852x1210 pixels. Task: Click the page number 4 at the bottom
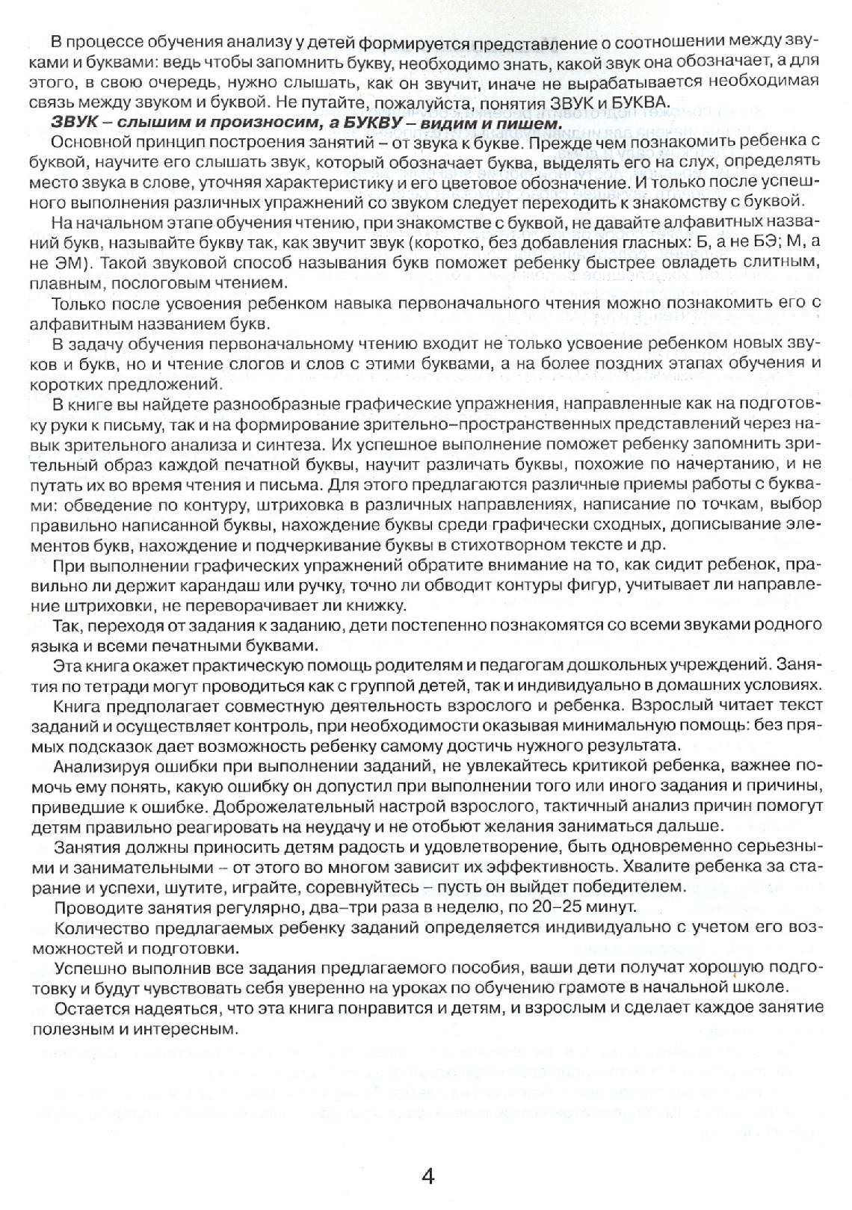click(x=427, y=1176)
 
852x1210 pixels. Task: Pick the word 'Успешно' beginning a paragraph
click(x=84, y=968)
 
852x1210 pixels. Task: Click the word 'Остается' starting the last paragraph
click(x=86, y=1008)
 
